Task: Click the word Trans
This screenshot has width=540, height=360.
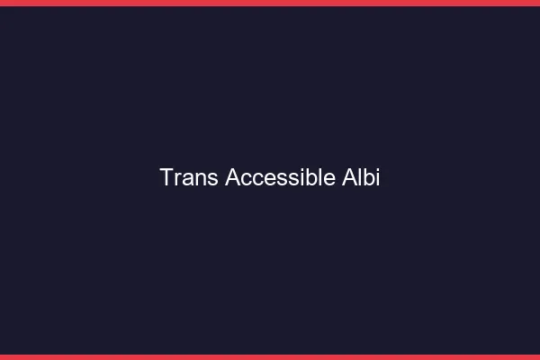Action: tap(189, 178)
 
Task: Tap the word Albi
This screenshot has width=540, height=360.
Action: tap(362, 178)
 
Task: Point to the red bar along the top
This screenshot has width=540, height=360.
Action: tap(270, 3)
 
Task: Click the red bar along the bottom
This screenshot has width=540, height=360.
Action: tap(270, 356)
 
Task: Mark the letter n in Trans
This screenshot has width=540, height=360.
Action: tap(199, 179)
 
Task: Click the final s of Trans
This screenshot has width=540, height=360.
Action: tap(211, 179)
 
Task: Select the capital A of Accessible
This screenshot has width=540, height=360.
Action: tap(232, 178)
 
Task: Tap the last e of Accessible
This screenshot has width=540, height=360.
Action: tap(329, 179)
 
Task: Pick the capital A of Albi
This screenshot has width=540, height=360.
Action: tap(349, 178)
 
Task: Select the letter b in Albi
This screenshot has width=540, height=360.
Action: tap(368, 178)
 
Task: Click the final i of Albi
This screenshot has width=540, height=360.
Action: tap(377, 178)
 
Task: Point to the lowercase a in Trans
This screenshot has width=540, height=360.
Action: tap(186, 179)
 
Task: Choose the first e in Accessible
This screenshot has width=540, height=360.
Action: tap(267, 179)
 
